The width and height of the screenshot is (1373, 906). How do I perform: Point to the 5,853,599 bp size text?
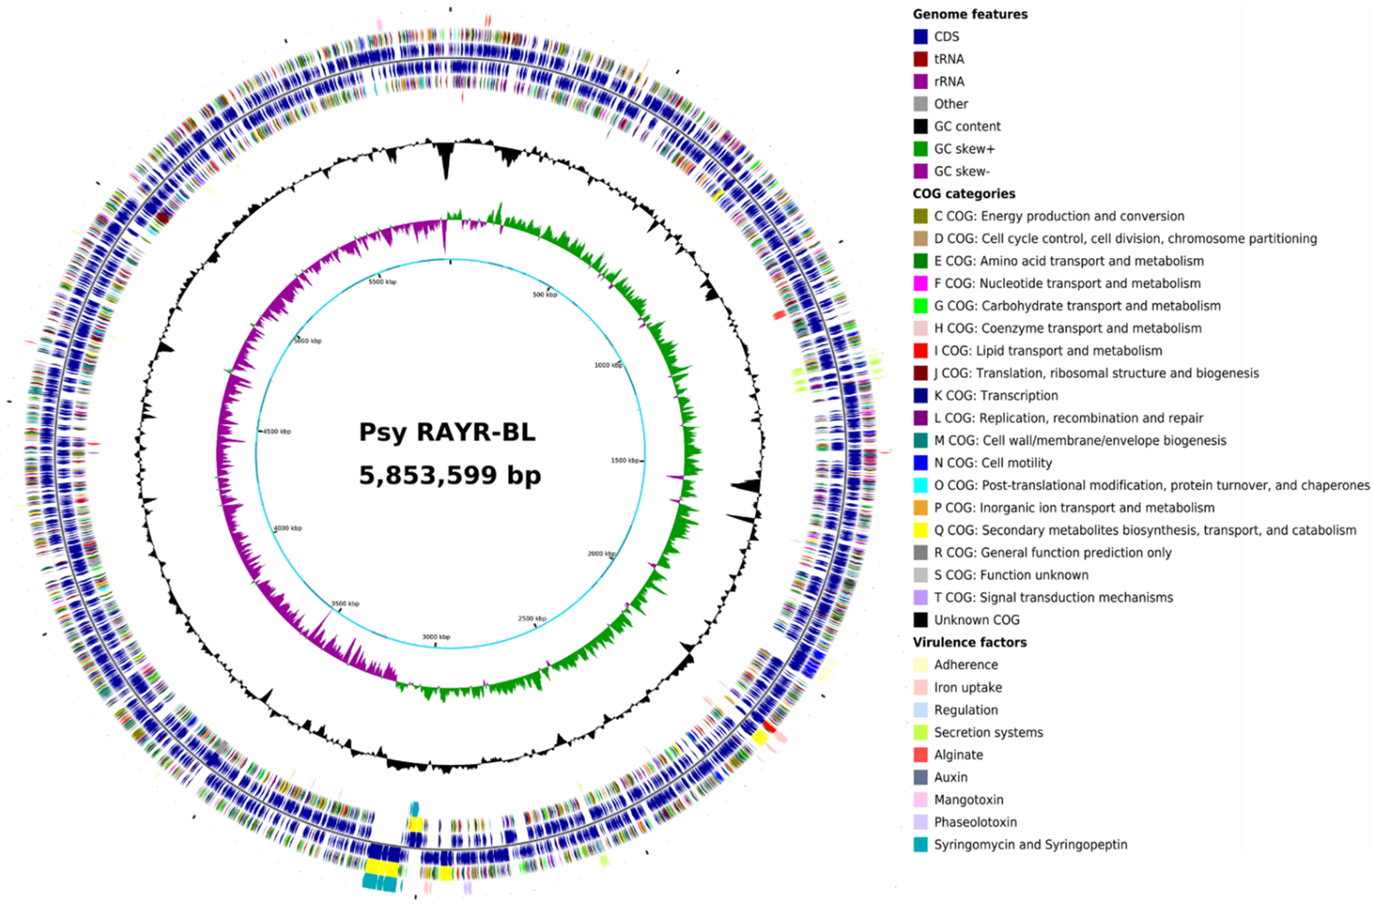[449, 475]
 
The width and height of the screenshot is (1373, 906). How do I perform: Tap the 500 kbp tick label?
[544, 295]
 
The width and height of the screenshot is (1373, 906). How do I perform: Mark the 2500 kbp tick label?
[532, 618]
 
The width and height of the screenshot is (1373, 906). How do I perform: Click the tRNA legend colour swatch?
[921, 59]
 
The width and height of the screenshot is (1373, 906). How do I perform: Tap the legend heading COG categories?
[964, 194]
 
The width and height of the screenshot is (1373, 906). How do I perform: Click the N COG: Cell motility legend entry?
[992, 463]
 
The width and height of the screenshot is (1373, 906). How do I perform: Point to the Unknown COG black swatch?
[921, 620]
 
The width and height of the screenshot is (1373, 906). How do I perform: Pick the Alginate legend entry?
[958, 755]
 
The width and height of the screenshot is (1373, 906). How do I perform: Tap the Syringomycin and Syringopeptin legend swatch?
[921, 844]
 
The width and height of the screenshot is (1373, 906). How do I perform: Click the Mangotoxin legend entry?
[968, 800]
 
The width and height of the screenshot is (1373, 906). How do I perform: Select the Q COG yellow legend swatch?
[921, 530]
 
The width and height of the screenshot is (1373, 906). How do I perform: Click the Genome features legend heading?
[970, 14]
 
